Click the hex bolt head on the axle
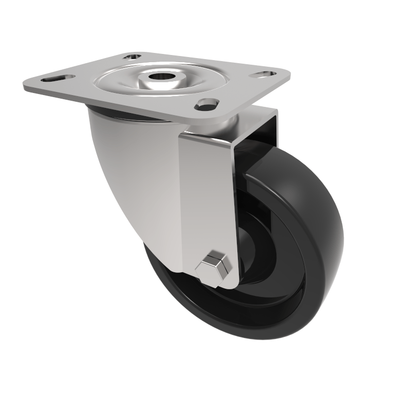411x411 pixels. point(214,267)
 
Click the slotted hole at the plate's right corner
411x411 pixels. point(261,74)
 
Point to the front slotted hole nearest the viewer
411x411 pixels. point(206,105)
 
